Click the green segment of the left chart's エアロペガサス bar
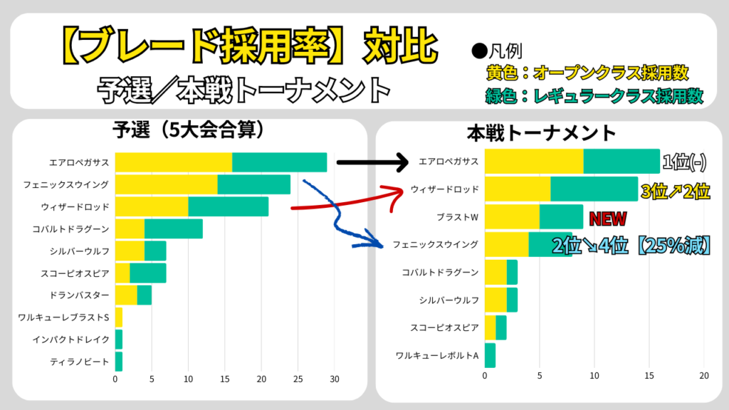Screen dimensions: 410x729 (x=279, y=162)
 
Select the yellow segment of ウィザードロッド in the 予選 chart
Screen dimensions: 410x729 (x=151, y=206)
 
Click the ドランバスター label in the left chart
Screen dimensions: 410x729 (x=80, y=295)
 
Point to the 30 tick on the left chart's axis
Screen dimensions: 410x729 (x=335, y=379)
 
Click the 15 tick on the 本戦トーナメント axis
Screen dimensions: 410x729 (x=649, y=376)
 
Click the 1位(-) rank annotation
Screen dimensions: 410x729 (x=683, y=162)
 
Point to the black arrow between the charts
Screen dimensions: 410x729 (x=370, y=162)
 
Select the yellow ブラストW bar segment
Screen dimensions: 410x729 (x=512, y=216)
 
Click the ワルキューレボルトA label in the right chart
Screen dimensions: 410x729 (x=436, y=354)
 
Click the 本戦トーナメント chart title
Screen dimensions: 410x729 (x=542, y=132)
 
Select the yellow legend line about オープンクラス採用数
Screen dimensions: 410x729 (x=587, y=73)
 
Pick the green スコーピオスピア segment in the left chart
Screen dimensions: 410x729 (x=147, y=273)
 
